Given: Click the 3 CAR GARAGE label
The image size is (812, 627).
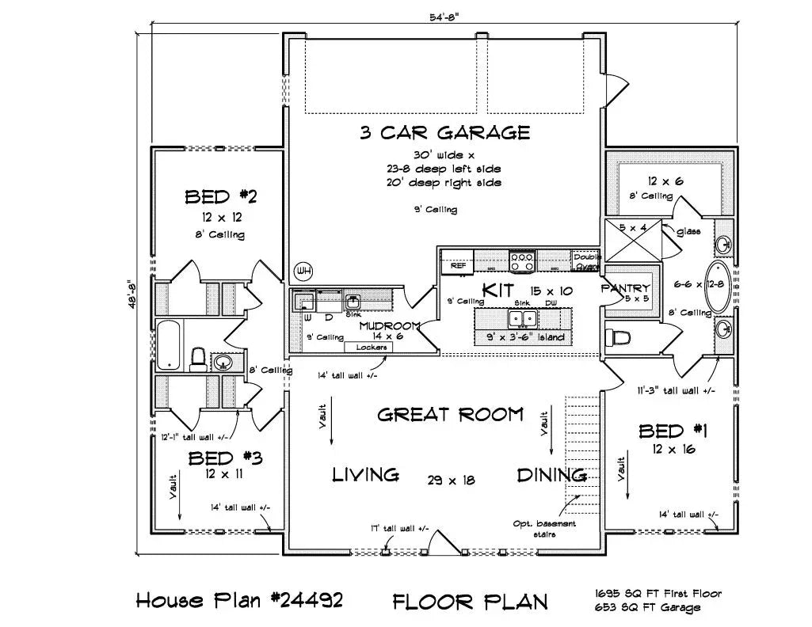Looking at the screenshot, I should (x=445, y=132).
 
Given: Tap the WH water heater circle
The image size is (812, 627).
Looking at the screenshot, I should (x=303, y=272).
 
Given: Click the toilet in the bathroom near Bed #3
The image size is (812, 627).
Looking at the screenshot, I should (x=199, y=359).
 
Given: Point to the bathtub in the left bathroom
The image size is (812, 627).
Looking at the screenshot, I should (x=169, y=345).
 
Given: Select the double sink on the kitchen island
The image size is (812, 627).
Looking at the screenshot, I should (x=522, y=319).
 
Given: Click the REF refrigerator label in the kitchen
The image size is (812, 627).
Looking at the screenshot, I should (x=458, y=266).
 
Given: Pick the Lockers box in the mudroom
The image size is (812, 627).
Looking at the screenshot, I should (x=369, y=347).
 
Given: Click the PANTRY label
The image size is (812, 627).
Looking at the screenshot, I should (x=626, y=288).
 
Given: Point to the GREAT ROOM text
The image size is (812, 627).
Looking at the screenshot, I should (x=450, y=414).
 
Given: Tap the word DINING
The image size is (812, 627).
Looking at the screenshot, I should (x=551, y=475).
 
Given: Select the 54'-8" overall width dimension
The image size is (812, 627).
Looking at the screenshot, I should (x=445, y=17).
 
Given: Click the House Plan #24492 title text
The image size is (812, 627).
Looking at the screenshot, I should (x=239, y=600).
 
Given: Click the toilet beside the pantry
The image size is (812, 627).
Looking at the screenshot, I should (x=619, y=338).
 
